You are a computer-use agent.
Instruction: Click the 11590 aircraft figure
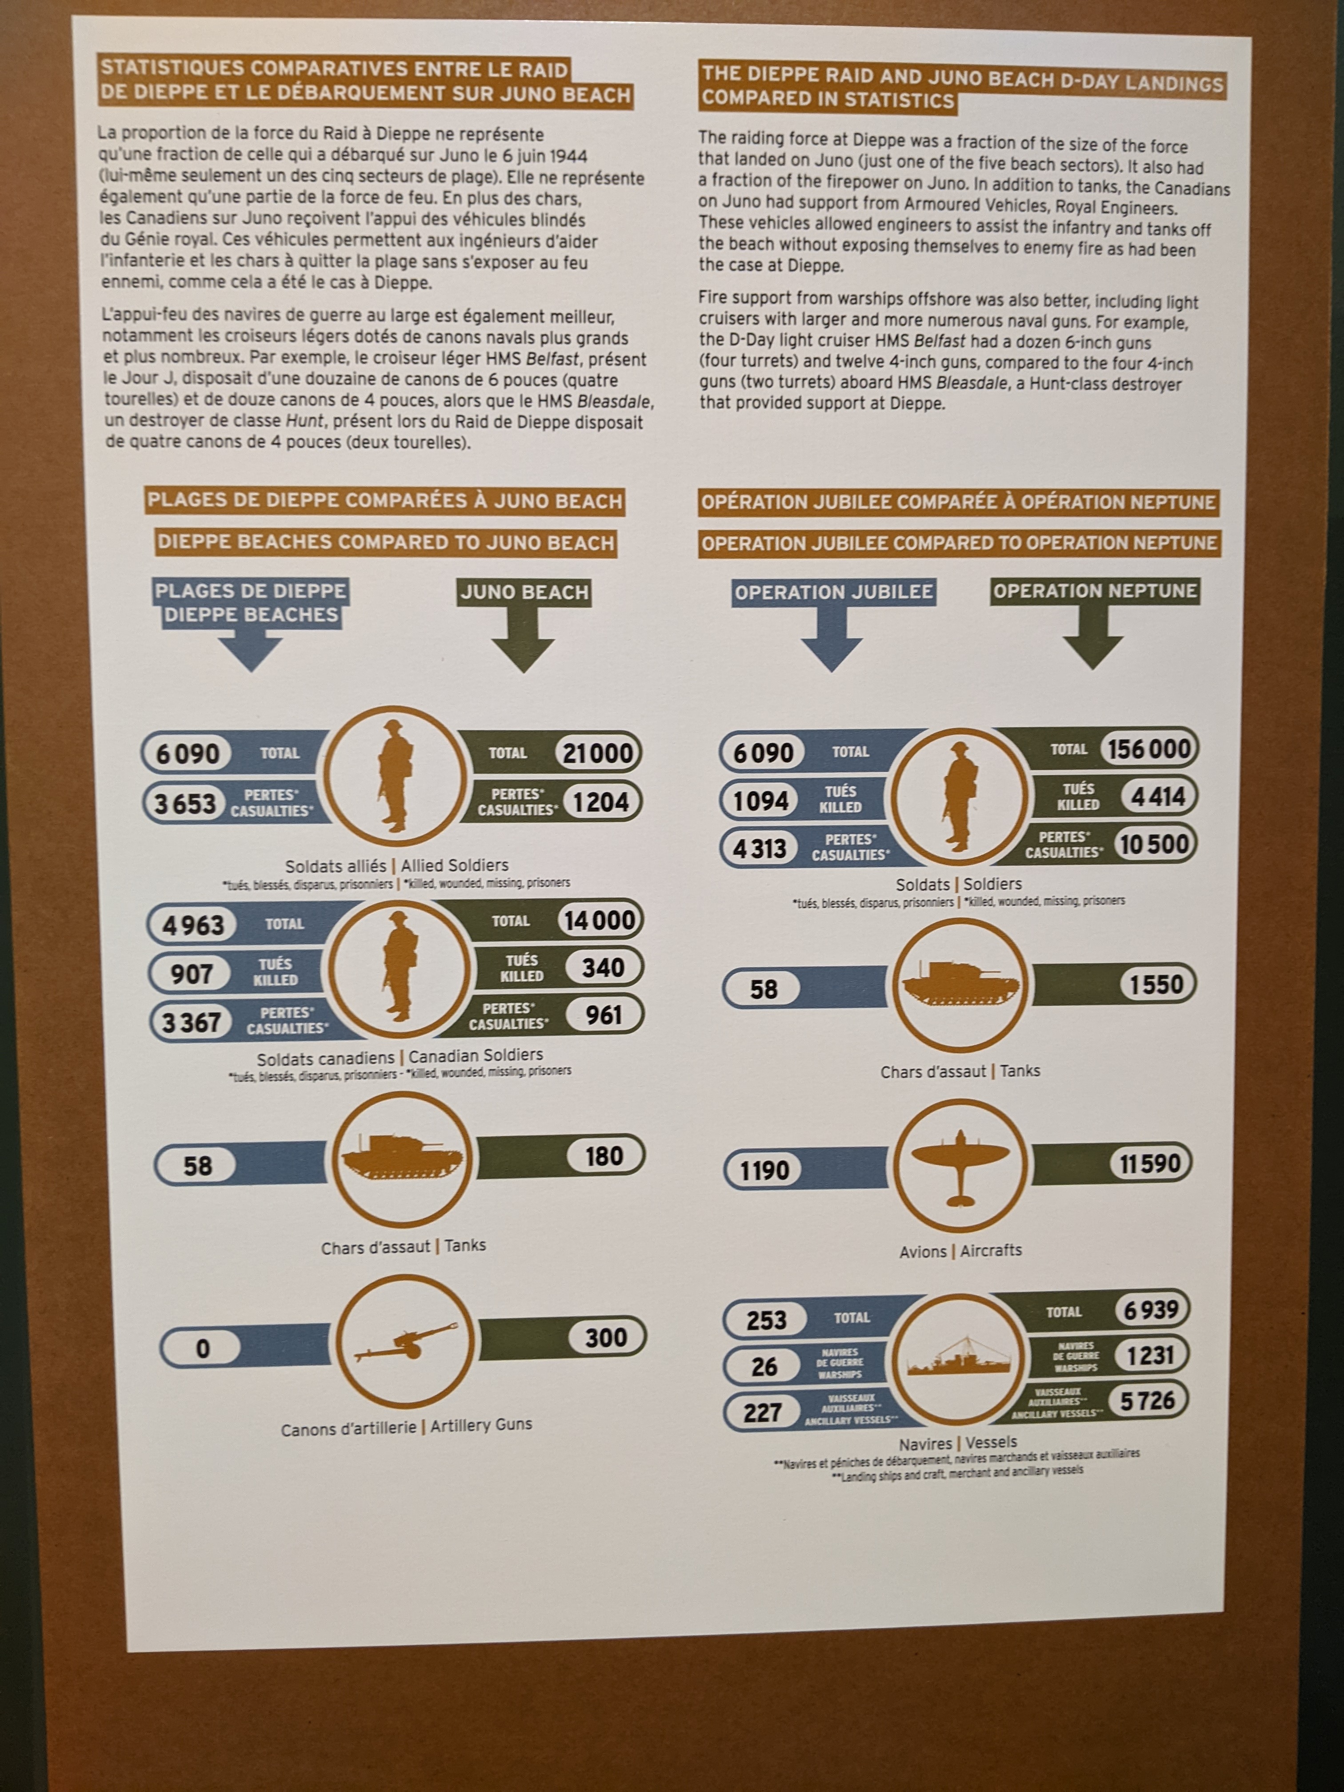(1150, 1164)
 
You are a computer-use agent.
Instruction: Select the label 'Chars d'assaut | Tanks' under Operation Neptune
(960, 1071)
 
